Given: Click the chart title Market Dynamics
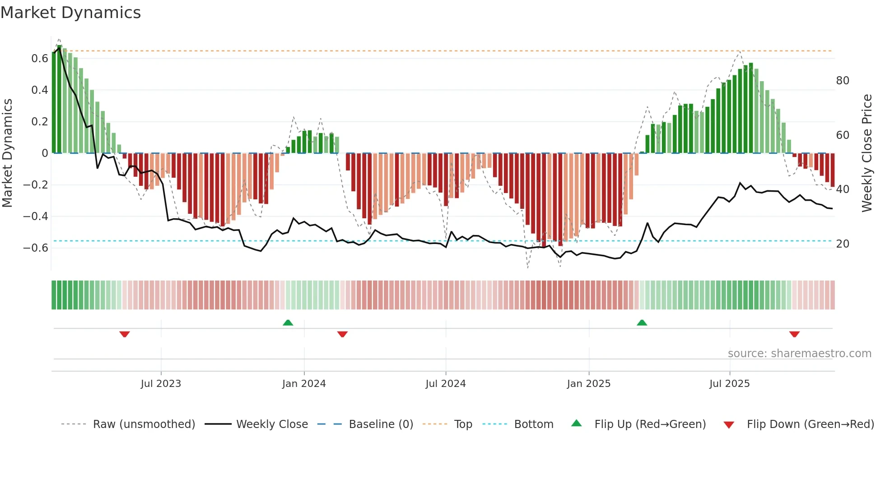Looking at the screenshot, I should [71, 13].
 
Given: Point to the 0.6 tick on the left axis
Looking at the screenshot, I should [40, 59].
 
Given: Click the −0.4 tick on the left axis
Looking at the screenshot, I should [36, 216].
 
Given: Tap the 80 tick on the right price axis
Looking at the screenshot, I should [843, 81].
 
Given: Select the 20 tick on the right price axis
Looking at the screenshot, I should [843, 244].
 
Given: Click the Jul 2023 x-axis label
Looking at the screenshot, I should [161, 384].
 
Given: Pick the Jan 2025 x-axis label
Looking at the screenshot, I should [589, 384].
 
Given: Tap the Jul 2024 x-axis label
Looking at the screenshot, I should [446, 384].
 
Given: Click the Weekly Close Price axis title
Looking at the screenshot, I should [867, 153].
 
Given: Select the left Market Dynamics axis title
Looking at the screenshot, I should [7, 153].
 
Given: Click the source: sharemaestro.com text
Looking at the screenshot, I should [799, 354].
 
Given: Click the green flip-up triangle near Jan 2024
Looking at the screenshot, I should [288, 322].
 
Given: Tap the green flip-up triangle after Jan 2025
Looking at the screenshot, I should [642, 322].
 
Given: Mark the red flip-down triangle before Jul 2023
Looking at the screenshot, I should [125, 334].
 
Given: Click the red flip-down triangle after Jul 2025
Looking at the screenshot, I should [794, 334].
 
